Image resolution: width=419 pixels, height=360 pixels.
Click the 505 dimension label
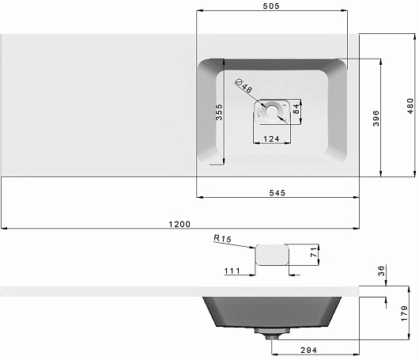point(271,6)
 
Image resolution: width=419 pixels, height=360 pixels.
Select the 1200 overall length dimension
point(179,224)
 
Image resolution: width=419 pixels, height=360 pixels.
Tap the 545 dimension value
point(277,193)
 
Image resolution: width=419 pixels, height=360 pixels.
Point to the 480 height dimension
point(410,106)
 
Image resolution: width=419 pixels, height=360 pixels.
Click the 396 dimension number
point(376,118)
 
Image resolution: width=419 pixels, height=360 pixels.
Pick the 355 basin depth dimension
point(219,112)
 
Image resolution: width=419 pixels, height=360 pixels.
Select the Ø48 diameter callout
point(243,85)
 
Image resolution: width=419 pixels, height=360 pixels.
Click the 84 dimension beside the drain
point(296,109)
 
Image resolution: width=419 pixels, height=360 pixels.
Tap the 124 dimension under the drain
point(271,138)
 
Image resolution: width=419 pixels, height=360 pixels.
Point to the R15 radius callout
point(222,238)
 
